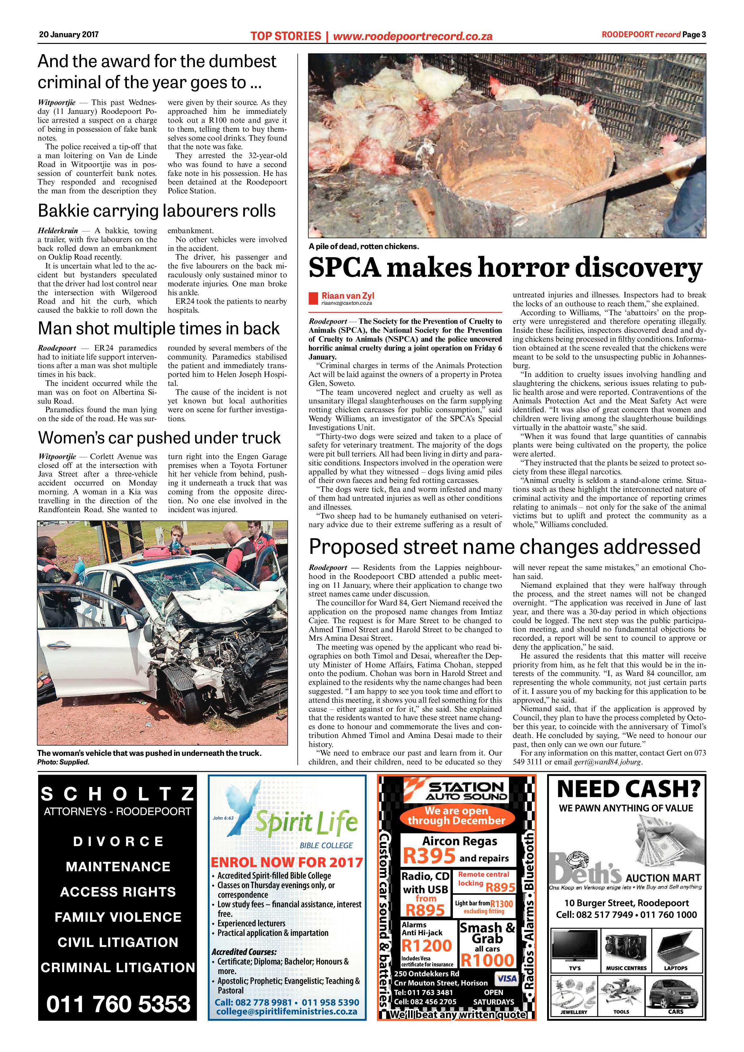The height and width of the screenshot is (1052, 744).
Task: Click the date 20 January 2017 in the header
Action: pos(69,34)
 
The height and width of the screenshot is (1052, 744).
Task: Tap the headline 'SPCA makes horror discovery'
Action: pos(505,268)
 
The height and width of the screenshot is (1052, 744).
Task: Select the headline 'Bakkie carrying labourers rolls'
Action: pos(157,211)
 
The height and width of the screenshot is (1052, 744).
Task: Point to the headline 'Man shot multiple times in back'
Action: pos(158,329)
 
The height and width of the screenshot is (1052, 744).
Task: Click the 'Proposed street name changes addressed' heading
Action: pos(505,547)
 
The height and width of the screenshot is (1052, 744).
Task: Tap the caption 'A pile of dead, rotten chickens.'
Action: pos(364,247)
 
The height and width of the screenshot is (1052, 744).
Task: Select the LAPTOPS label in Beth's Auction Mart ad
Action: pos(676,968)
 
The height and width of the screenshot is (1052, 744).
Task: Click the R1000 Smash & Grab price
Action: pos(487,959)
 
